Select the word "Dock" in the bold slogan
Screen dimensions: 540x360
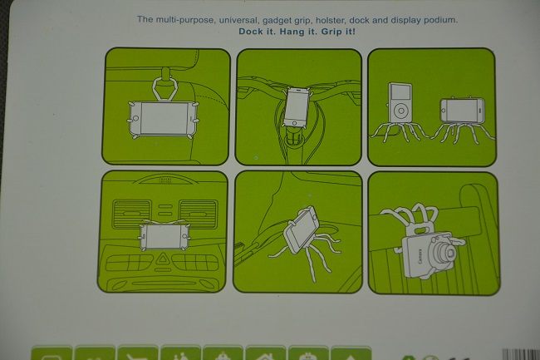(251, 32)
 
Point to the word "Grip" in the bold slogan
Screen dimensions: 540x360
(331, 32)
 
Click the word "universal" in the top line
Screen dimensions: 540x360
(238, 20)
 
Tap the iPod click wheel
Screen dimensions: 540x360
(401, 111)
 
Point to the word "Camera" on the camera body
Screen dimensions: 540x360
(420, 256)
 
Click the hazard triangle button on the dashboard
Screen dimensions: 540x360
(161, 259)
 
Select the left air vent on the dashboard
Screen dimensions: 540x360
(131, 214)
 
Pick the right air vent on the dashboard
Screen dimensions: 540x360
(199, 214)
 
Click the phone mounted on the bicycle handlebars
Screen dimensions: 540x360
(297, 107)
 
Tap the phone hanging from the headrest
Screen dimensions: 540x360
(163, 118)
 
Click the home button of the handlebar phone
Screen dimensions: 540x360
(294, 123)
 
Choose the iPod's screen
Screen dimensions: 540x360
(401, 92)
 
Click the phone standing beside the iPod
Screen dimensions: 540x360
(463, 111)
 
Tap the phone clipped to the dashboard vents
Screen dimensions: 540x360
(164, 237)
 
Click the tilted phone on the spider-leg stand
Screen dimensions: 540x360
(302, 229)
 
